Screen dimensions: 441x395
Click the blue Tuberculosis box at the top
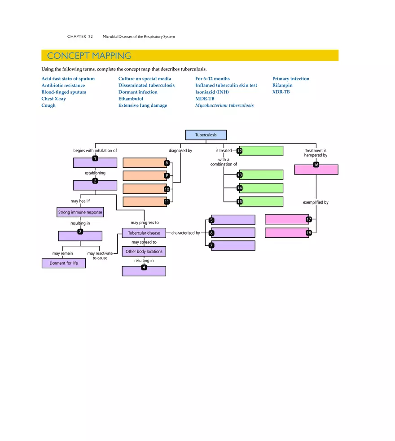pos(206,135)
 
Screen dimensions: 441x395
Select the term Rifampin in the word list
pos(282,85)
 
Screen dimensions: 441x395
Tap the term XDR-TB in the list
pos(281,92)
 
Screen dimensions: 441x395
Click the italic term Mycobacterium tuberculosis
pos(224,105)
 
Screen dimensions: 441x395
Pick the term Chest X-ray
pos(53,99)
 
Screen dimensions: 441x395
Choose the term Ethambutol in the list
pos(131,99)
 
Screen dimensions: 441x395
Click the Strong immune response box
pos(80,212)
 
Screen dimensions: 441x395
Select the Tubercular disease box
pos(144,233)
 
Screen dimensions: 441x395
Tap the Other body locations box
pos(144,252)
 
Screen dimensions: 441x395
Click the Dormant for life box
pos(63,263)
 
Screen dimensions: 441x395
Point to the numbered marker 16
pos(316,165)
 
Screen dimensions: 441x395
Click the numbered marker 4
pos(144,267)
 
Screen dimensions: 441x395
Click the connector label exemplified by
pos(315,202)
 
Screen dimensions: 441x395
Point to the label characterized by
pos(185,233)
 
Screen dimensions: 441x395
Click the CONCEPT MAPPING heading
pos(89,56)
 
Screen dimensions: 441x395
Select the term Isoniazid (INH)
pos(212,92)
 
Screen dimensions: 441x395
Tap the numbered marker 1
pos(95,158)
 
